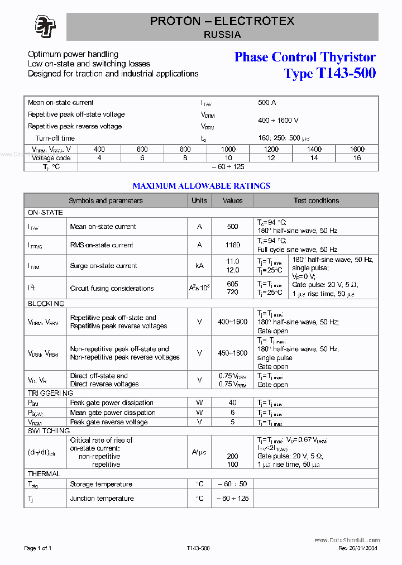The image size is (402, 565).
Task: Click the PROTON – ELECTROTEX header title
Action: point(222,22)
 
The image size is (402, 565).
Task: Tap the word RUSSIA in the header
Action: point(222,35)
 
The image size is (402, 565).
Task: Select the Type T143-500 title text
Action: point(329,73)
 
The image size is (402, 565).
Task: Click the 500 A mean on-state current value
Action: point(267,103)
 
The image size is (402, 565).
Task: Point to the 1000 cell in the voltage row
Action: point(228,149)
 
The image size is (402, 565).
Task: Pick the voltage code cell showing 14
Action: point(314,158)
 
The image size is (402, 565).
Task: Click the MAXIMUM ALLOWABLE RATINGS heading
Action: point(201,186)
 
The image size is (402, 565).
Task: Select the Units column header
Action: point(199,200)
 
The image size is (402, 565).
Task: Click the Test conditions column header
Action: point(316,200)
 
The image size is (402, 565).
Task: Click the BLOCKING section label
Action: point(46,304)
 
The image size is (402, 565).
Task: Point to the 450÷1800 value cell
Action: point(232,353)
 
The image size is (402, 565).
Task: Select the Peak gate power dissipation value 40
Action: point(232,403)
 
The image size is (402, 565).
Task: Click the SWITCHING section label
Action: point(49,431)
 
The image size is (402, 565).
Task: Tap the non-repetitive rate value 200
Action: point(232,456)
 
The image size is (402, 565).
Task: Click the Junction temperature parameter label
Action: point(102,499)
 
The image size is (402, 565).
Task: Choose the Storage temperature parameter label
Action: point(101,484)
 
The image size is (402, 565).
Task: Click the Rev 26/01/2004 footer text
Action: point(358,548)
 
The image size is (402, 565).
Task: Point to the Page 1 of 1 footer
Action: point(38,548)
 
